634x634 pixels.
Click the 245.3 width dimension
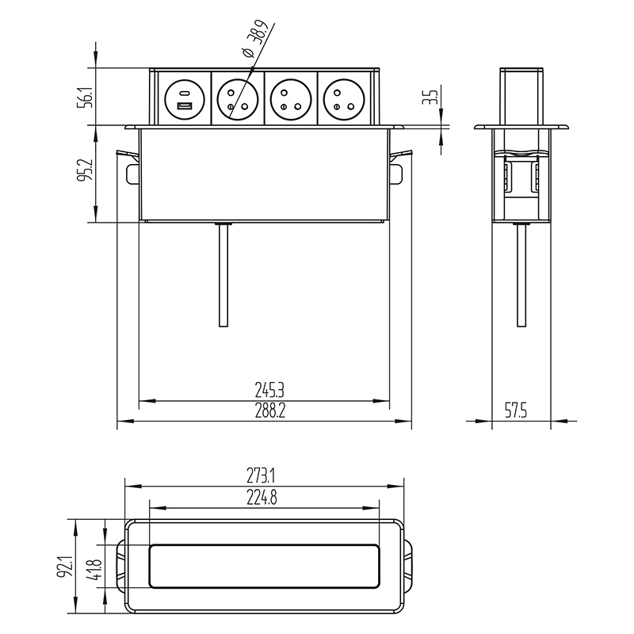269,391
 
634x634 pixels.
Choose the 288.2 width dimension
269,411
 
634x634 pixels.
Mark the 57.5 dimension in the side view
516,411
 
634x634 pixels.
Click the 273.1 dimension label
262,476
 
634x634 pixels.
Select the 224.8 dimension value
262,498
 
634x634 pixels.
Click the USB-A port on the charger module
185,106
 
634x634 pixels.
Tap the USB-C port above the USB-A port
185,93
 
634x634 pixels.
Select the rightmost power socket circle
343,98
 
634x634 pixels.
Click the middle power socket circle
290,98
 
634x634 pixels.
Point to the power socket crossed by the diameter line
237,98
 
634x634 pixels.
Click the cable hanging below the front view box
223,275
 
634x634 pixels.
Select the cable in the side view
521,275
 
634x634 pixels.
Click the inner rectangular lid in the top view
265,566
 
